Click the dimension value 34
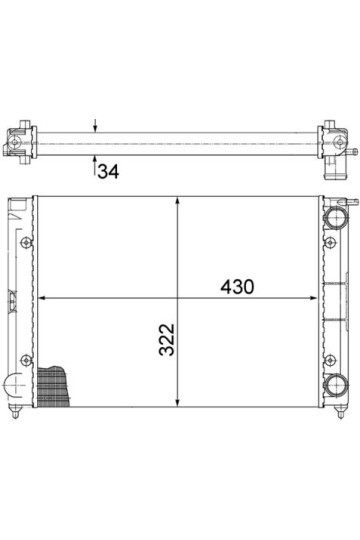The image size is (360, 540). [109, 172]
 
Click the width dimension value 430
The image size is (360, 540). [237, 287]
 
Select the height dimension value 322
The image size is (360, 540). [167, 339]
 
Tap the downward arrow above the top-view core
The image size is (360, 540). [95, 126]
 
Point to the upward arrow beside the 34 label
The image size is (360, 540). [95, 166]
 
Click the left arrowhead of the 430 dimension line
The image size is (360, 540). [41, 298]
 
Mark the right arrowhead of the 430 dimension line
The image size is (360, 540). [313, 298]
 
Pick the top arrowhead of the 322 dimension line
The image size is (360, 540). [177, 201]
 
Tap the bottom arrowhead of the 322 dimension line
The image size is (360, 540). [177, 402]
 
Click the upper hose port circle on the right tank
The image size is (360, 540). [336, 217]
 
